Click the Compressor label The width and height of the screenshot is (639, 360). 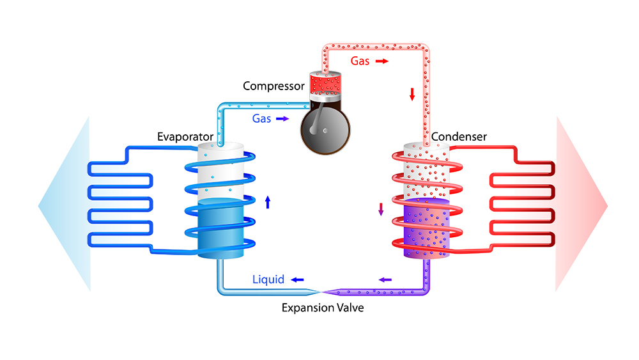[x=273, y=85]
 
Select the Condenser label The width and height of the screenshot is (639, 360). [x=459, y=137]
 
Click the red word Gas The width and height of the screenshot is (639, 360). [x=360, y=61]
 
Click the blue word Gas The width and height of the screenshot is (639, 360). [x=262, y=118]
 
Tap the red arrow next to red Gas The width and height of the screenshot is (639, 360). [x=381, y=61]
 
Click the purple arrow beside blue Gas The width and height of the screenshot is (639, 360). [x=282, y=119]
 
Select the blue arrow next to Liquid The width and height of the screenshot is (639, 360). [x=297, y=280]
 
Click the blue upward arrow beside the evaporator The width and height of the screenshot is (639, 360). [x=268, y=202]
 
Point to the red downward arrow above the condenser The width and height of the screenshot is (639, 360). [x=412, y=94]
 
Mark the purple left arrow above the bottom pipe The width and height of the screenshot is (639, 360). [x=385, y=279]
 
